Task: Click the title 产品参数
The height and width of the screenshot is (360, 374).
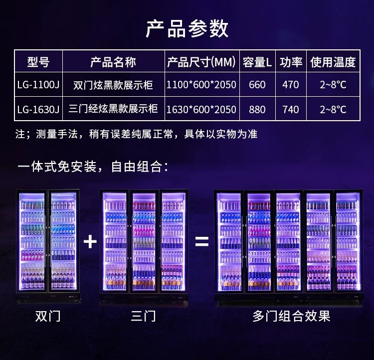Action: (x=187, y=29)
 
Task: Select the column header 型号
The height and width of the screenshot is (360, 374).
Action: (x=38, y=62)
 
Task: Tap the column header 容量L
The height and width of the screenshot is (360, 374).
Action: (x=257, y=62)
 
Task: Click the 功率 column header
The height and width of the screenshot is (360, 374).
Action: (x=291, y=62)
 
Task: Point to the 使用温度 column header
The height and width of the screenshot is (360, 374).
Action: (x=333, y=62)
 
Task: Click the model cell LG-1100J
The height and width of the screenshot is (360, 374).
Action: (x=38, y=85)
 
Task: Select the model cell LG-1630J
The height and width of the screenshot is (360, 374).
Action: (x=38, y=110)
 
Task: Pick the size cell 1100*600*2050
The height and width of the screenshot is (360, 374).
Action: (x=201, y=85)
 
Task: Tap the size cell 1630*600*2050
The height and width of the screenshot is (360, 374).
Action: (x=201, y=110)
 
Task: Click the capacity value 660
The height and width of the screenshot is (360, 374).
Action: (x=257, y=85)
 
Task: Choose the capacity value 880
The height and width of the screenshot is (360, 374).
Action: (x=257, y=110)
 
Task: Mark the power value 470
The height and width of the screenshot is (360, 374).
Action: (x=291, y=85)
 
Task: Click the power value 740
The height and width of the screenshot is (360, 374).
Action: (x=291, y=110)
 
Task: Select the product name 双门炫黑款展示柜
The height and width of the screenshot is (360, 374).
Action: (x=113, y=85)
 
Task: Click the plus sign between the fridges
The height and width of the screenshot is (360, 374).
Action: (x=90, y=241)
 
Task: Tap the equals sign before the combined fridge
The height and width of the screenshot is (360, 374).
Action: (x=202, y=241)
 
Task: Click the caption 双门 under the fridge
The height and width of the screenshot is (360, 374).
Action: (x=48, y=316)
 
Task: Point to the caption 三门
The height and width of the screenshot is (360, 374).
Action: (x=143, y=316)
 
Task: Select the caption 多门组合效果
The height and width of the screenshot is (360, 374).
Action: (x=292, y=316)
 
